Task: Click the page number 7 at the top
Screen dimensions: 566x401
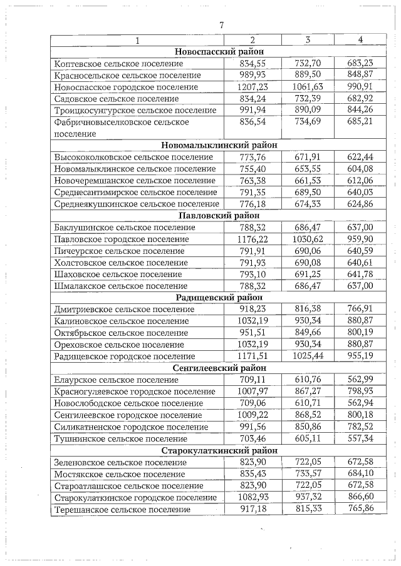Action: (x=221, y=25)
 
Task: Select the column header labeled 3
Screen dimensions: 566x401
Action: (x=307, y=39)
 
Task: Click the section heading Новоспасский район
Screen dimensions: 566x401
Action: (x=219, y=51)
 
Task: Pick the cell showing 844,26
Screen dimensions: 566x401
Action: (x=360, y=110)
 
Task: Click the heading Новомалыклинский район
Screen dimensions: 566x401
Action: (x=219, y=145)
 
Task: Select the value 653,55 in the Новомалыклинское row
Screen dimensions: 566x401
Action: (x=307, y=169)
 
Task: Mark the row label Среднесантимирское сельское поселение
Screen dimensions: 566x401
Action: (x=135, y=192)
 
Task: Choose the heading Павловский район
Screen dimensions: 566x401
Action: (x=219, y=216)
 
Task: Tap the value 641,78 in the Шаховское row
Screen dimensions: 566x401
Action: (x=360, y=274)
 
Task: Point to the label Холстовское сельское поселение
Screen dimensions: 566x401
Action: (x=121, y=263)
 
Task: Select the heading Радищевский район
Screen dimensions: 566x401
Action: (x=219, y=298)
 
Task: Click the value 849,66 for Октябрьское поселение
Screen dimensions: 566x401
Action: (x=307, y=333)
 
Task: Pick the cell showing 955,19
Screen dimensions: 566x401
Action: (x=360, y=356)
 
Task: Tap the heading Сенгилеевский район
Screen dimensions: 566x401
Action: (x=219, y=368)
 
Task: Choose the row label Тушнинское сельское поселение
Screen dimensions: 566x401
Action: (x=120, y=438)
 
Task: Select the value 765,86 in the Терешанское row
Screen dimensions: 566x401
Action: (x=360, y=509)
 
